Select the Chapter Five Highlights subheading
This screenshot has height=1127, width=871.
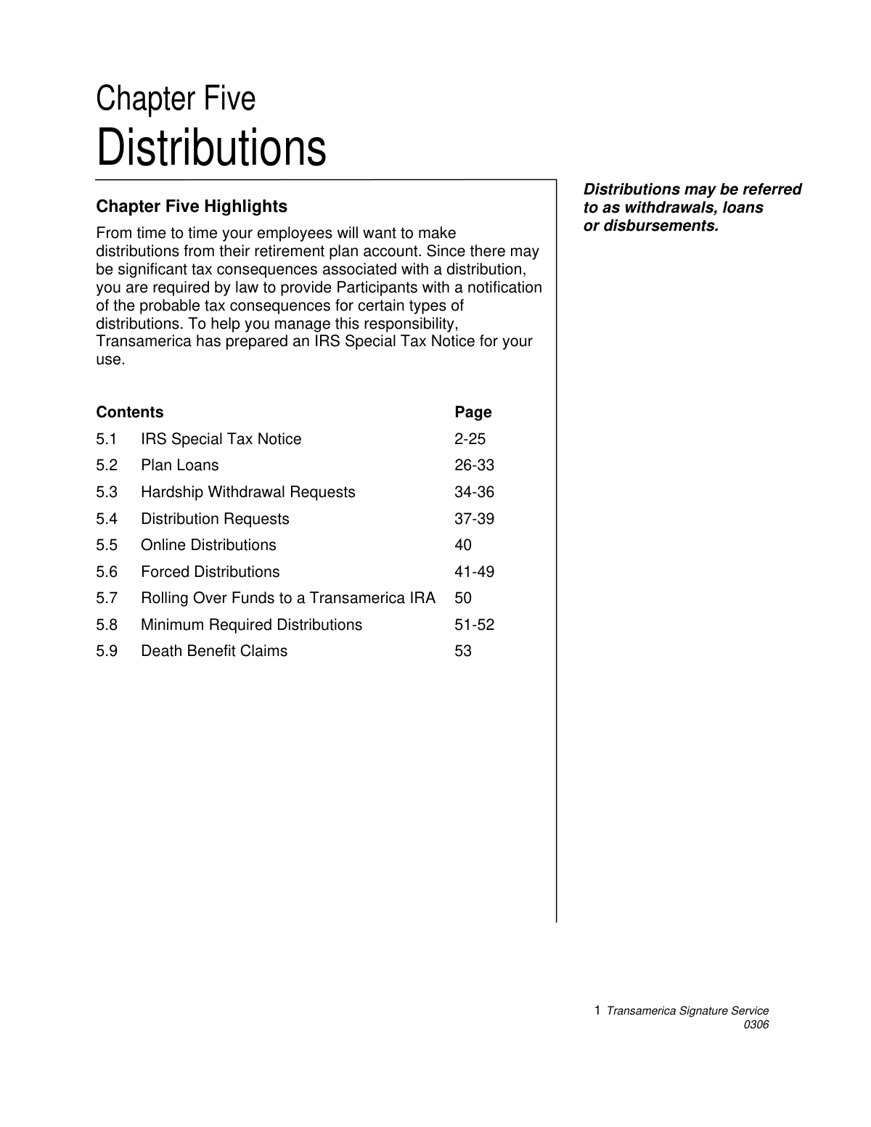[192, 207]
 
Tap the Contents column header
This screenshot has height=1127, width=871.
[130, 412]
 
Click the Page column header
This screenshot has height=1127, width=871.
[473, 412]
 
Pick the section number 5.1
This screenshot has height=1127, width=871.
[107, 439]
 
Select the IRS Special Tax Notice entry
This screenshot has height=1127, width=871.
[221, 439]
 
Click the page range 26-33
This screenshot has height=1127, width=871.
[474, 465]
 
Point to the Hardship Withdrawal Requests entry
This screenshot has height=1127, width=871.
[248, 492]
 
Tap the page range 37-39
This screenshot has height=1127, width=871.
[474, 519]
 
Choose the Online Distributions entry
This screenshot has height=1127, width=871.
[208, 545]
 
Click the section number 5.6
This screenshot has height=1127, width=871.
[107, 572]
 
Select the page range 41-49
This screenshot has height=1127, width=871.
[474, 572]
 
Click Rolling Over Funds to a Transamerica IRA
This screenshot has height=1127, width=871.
[287, 598]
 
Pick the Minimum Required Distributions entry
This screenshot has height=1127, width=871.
[251, 625]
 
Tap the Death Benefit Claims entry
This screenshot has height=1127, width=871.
[214, 651]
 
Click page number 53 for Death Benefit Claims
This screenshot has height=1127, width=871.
[463, 651]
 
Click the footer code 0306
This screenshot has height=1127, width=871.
[756, 1025]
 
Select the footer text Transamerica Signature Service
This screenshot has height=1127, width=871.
[687, 1011]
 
